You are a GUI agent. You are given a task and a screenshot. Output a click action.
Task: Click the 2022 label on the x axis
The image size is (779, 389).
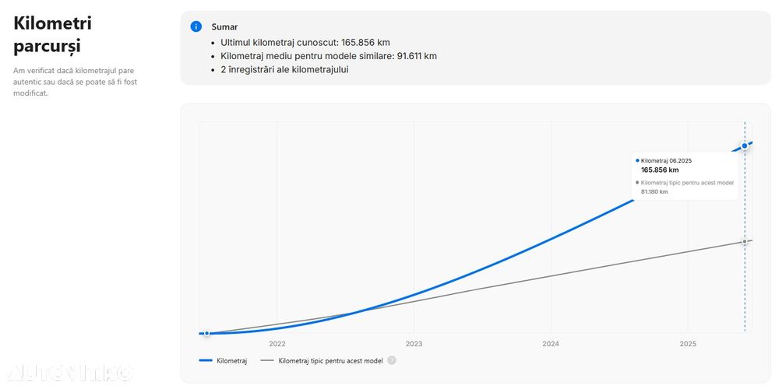pos(277,344)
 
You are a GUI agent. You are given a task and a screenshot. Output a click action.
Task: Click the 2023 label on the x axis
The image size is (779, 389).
pos(414,344)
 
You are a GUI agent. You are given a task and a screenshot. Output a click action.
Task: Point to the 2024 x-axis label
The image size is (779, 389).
pos(551,344)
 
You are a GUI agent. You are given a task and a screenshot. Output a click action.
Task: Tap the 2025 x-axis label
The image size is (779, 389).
pos(688,344)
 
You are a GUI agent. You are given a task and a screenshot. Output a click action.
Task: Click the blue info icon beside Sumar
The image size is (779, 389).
pos(196,26)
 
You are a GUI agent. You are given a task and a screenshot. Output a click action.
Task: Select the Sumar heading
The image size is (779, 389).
pos(224,27)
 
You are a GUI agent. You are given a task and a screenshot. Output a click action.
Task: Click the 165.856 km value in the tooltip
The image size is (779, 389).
pos(660,170)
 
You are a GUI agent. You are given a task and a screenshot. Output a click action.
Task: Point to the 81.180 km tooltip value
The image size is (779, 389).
pos(654,191)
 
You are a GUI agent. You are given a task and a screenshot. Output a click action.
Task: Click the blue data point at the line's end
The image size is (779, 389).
pos(745,145)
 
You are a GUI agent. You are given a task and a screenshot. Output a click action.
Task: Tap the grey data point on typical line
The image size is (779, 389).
pos(745,241)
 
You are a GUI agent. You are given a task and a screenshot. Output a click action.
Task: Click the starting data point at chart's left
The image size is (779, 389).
pos(206,333)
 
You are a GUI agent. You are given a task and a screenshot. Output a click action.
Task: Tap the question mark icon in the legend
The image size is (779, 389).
pos(392,361)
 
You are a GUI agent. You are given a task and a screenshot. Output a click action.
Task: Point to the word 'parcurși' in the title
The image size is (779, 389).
pos(47,47)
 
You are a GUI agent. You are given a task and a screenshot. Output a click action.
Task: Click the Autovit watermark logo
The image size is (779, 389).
pos(68,373)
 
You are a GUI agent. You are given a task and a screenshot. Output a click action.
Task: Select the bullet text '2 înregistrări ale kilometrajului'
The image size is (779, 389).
pos(284,69)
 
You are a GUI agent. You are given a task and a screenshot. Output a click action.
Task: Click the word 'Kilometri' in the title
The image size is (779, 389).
pos(53,23)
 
